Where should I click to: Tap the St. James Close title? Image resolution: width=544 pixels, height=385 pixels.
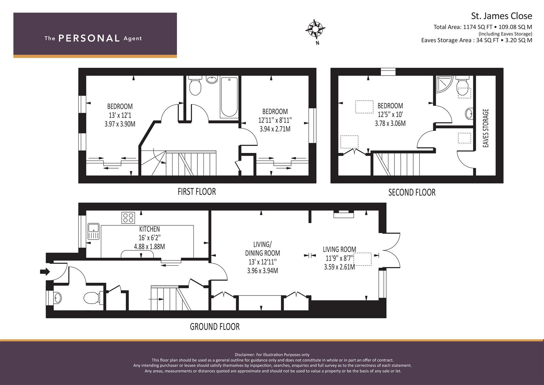[x=502, y=16]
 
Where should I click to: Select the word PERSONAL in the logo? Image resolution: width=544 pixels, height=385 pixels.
[x=89, y=38]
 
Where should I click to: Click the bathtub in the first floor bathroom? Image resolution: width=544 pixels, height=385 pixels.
[x=229, y=97]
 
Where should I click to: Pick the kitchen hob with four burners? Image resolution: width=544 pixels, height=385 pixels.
[x=128, y=218]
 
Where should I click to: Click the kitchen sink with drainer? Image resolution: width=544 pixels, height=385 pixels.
[x=94, y=231]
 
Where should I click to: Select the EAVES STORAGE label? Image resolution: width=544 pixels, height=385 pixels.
[x=486, y=128]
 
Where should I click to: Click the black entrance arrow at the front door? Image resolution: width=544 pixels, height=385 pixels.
[x=45, y=271]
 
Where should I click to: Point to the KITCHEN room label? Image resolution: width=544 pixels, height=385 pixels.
[x=149, y=229]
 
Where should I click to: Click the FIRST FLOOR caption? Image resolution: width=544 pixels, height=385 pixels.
[x=197, y=192]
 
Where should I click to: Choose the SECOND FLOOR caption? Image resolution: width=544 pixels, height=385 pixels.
[x=412, y=192]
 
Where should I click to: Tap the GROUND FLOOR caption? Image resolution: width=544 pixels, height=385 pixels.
[x=215, y=327]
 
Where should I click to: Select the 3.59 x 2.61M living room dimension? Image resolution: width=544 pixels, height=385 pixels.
[x=339, y=267]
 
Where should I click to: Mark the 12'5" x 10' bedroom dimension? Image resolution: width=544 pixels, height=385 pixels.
[x=390, y=114]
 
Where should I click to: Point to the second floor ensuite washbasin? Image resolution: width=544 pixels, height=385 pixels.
[x=469, y=113]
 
